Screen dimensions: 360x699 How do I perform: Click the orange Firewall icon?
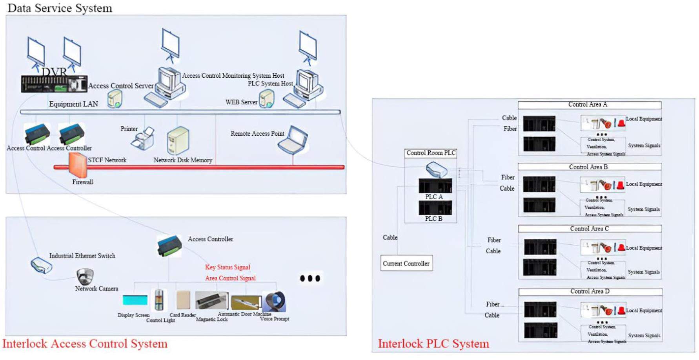(78, 165)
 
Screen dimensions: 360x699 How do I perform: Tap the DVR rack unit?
(54, 84)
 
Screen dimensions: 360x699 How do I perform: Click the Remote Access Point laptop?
(293, 140)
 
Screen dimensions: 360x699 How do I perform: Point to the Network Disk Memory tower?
(178, 140)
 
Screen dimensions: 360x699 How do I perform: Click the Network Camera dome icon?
(85, 276)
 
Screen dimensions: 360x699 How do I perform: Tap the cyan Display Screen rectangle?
(135, 300)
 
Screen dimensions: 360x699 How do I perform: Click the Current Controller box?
(406, 264)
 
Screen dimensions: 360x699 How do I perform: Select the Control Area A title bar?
(589, 105)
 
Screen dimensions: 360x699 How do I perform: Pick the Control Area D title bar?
(590, 292)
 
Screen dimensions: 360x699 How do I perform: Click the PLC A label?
(434, 197)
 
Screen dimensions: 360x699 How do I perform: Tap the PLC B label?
(434, 219)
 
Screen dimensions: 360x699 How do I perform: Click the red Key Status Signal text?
(228, 267)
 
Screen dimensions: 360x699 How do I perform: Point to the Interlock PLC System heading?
(433, 344)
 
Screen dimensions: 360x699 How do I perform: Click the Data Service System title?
(60, 8)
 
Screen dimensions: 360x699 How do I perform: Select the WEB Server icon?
(267, 98)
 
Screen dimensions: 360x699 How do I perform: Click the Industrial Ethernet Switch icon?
(42, 265)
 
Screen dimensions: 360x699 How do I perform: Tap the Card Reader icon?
(183, 300)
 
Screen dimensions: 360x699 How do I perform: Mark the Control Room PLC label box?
(431, 153)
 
